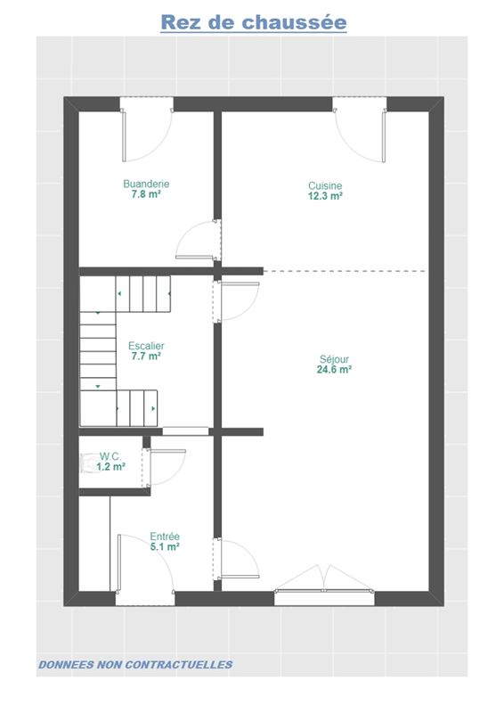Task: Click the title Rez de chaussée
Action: tap(254, 22)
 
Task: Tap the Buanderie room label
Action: tap(146, 184)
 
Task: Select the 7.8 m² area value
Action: tap(146, 194)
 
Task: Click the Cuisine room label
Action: tap(325, 185)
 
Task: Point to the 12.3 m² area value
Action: tap(325, 196)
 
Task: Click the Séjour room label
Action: tap(334, 359)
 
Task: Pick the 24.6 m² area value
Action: tap(334, 370)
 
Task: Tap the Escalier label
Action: tap(146, 346)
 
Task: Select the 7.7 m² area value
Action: tap(146, 356)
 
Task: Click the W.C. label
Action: tap(110, 456)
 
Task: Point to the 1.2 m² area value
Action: tap(110, 466)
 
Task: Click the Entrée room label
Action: tap(165, 537)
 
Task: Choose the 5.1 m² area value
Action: tap(165, 547)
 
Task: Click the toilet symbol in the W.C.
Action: tap(86, 463)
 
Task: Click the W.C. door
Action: tap(164, 467)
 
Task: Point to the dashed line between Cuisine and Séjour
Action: tap(345, 271)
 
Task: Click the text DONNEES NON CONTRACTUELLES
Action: tap(135, 665)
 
